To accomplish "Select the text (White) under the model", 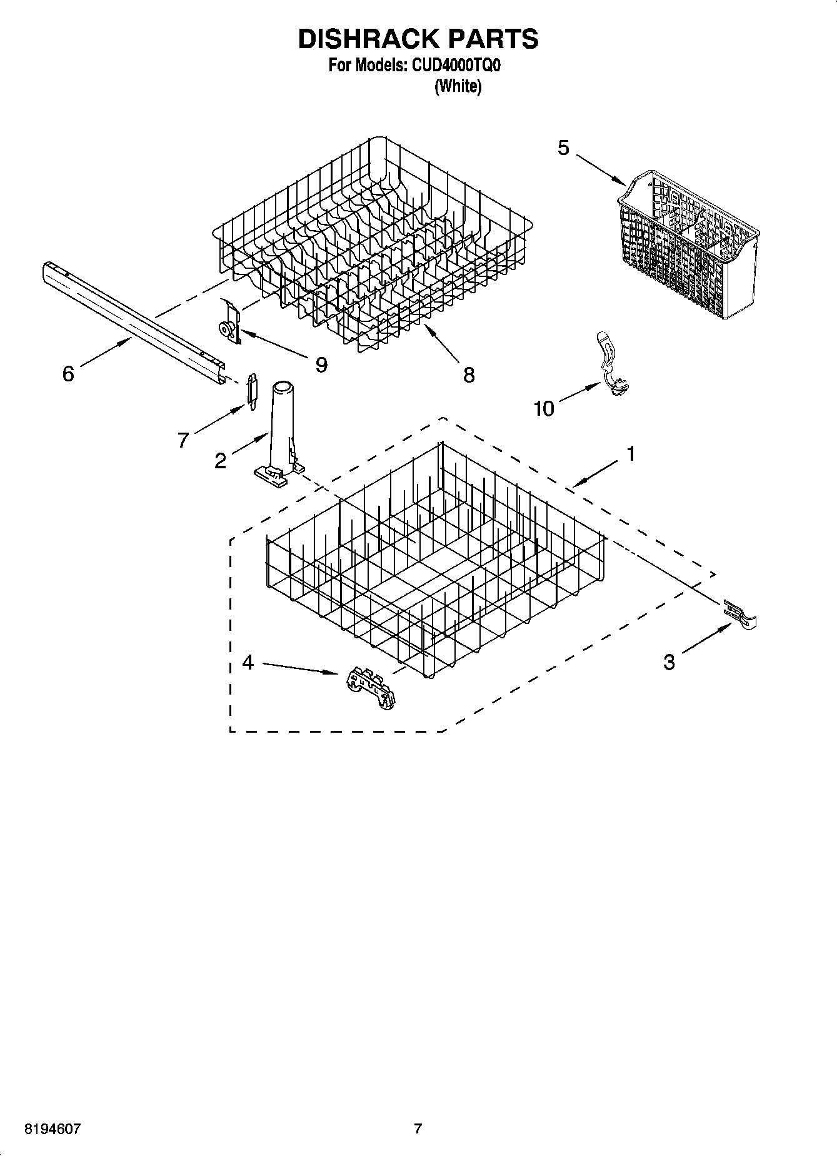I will point(458,86).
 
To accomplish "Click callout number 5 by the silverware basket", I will point(563,148).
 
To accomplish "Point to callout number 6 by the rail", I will point(68,374).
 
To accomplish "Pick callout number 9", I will point(321,364).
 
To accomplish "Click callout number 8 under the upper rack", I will point(469,374).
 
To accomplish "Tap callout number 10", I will point(544,409).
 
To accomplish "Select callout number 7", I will point(183,440).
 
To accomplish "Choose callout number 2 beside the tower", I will point(220,461).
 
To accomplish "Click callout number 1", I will point(631,453).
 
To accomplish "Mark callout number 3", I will point(669,662).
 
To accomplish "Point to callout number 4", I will point(248,662).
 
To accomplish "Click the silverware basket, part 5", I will point(688,244).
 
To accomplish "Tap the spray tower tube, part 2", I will point(279,431).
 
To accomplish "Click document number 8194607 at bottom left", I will point(52,1128).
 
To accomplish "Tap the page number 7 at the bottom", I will point(418,1128).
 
